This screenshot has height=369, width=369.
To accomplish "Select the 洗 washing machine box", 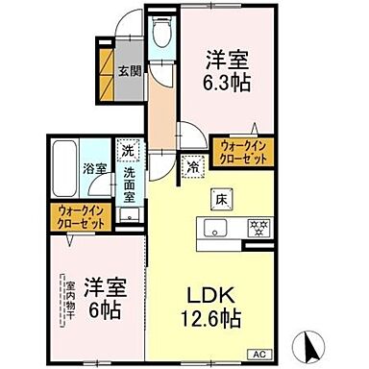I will (128, 150).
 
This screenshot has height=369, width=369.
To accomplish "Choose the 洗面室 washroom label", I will (129, 180).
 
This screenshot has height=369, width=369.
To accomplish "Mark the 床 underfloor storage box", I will (219, 198).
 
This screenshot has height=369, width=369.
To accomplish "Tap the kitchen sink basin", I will (213, 229).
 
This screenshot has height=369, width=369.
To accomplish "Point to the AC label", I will (258, 355).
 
